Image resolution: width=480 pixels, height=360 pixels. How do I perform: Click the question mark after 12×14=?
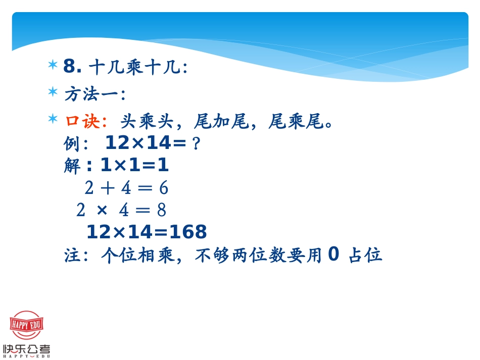197,144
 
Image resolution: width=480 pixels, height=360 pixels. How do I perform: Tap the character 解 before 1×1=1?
72,166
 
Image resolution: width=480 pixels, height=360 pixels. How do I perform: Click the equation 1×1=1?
134,166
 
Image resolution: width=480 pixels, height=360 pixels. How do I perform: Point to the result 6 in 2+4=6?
163,188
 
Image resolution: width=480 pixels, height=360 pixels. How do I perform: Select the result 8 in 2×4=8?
162,210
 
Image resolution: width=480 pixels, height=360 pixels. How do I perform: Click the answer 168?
187,232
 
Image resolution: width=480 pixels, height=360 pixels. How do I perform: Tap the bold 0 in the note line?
333,254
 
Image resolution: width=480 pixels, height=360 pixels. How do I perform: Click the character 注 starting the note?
72,255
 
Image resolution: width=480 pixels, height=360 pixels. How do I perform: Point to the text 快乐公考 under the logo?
26,349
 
